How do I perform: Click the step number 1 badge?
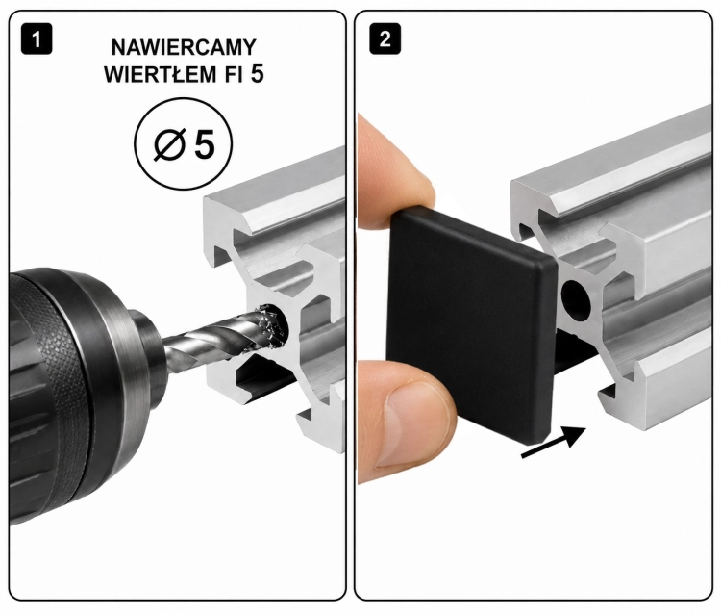coord(37,39)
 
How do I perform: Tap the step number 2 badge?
coord(385,39)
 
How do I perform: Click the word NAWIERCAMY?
coord(184,48)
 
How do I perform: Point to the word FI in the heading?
coord(234,74)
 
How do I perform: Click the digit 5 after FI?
coord(258,74)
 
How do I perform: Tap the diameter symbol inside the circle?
coord(169,144)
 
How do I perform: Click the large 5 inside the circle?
coord(204,144)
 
